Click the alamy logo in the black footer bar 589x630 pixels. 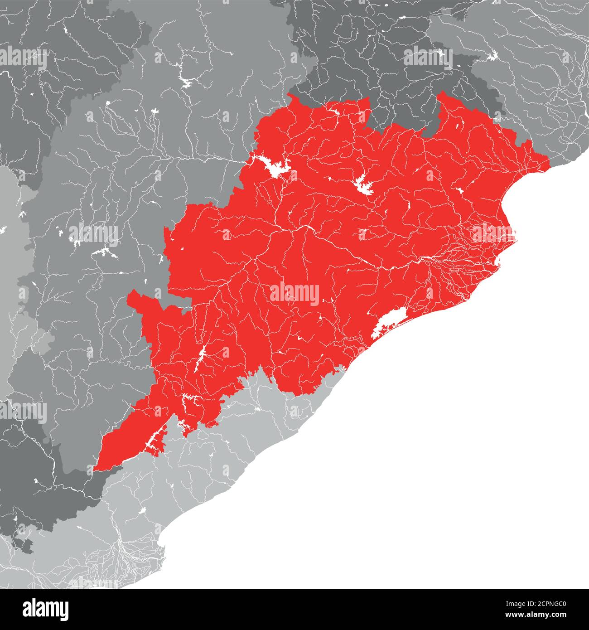46,609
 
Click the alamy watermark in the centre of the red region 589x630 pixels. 294,293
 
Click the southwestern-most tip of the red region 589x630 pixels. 95,469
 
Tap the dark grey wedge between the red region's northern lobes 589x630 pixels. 399,111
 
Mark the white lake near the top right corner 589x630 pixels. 492,56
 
